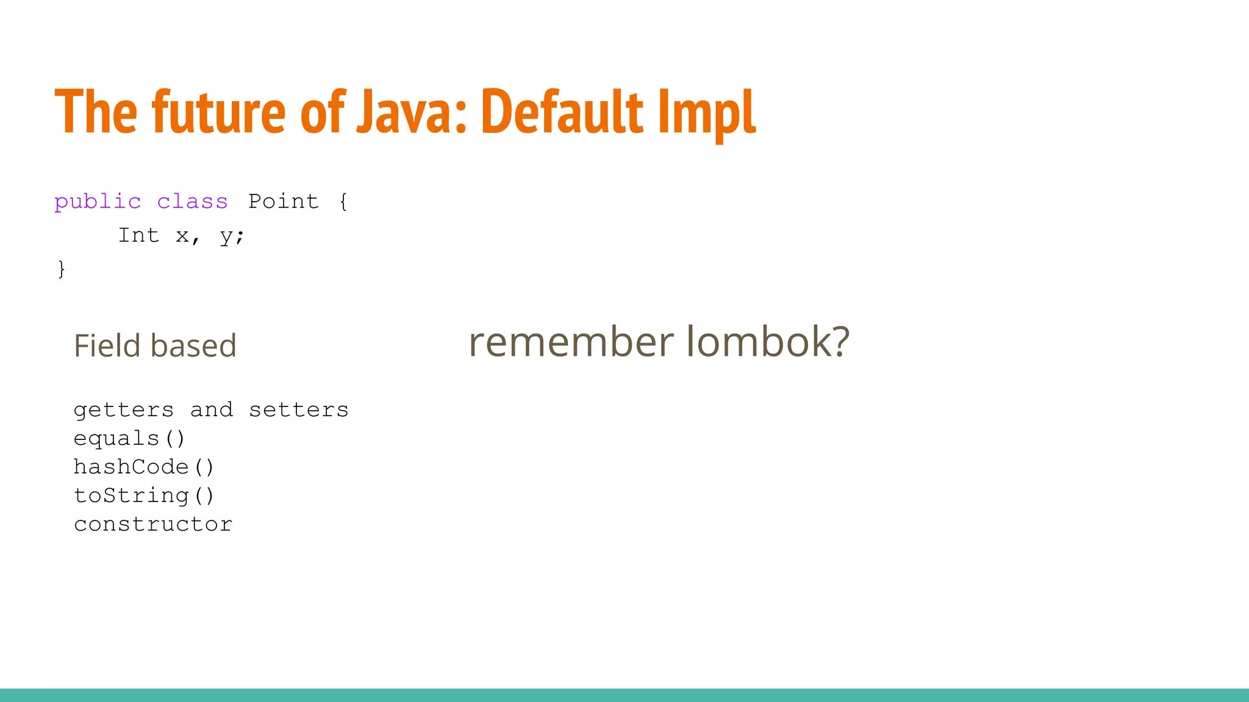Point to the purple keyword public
[98, 202]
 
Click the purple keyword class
[192, 202]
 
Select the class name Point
[284, 202]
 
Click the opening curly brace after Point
[343, 202]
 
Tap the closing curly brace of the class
[61, 269]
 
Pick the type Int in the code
[138, 235]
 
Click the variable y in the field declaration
[226, 236]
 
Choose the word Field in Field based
[107, 346]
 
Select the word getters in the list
[124, 410]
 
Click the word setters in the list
[298, 410]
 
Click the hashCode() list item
[144, 467]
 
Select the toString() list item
[144, 495]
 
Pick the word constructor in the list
[153, 524]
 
